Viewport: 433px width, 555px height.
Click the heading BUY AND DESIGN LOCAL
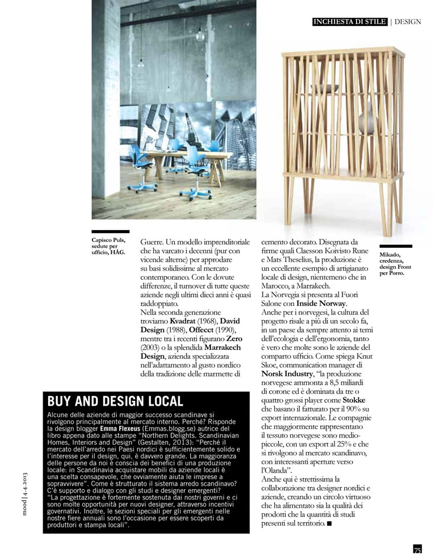pyautogui.click(x=115, y=401)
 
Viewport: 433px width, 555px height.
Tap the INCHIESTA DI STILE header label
pyautogui.click(x=349, y=22)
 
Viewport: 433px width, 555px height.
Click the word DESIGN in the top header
pyautogui.click(x=408, y=22)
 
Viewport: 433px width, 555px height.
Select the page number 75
pyautogui.click(x=417, y=549)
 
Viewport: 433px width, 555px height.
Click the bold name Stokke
pyautogui.click(x=369, y=400)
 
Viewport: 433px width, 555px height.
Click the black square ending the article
pyautogui.click(x=329, y=523)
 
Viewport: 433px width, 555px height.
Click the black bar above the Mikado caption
pyautogui.click(x=396, y=246)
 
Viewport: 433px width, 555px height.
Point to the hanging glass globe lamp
pyautogui.click(x=200, y=36)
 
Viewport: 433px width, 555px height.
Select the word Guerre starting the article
pyautogui.click(x=153, y=243)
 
